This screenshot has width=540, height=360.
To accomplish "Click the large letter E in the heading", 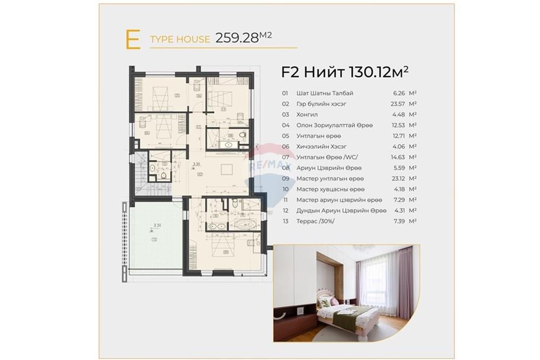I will coord(132,40).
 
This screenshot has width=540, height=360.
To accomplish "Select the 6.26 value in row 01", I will coord(399,93).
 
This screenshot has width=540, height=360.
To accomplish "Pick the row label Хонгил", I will coord(307,114).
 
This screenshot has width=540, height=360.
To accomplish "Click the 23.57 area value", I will coord(398,104).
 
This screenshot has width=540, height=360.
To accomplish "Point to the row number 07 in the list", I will coord(285,157).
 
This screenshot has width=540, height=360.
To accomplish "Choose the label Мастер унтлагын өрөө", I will coord(330,179).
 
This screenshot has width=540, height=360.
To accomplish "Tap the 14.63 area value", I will coord(398,157).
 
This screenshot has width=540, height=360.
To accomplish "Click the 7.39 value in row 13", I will coord(399,221).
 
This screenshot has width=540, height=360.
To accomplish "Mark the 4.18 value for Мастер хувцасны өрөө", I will coord(399,189).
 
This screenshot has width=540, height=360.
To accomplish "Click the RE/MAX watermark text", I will coord(269,164).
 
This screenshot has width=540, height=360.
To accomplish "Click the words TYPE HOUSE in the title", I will coord(180,39).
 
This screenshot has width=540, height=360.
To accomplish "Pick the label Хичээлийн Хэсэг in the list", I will coord(322,146).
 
